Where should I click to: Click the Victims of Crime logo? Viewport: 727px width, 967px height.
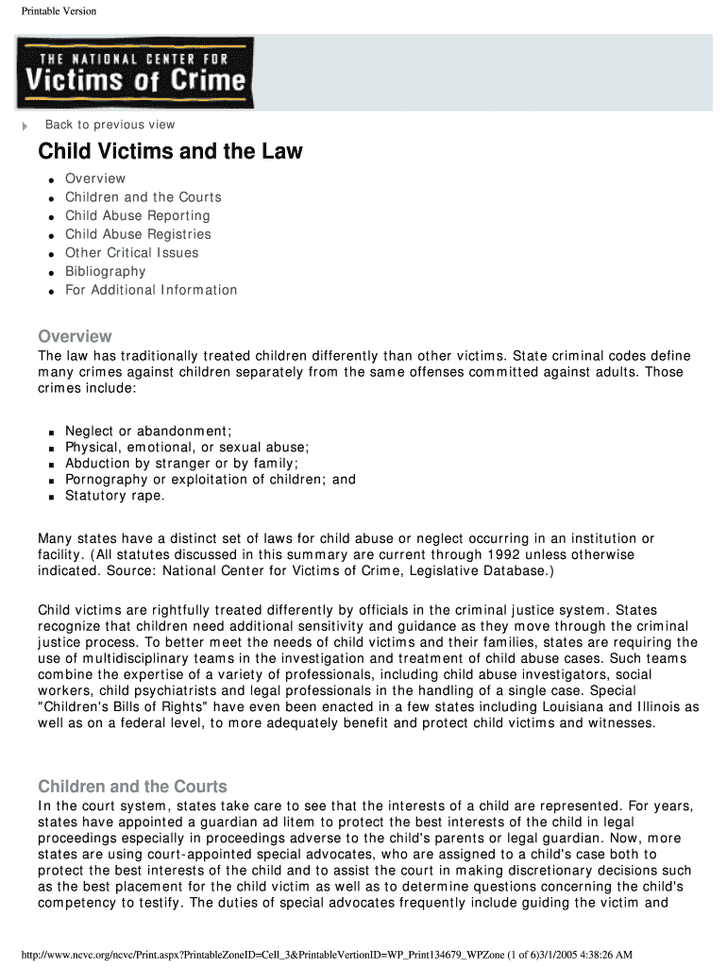(134, 73)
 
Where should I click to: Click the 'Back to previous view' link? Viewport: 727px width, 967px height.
(110, 125)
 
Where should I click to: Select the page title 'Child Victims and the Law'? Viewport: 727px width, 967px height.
(170, 152)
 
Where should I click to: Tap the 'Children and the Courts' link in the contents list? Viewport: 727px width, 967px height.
(143, 197)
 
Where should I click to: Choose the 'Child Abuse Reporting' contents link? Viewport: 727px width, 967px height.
(137, 215)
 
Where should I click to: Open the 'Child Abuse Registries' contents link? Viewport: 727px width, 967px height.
(138, 234)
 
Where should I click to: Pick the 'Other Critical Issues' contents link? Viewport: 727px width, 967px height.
(131, 252)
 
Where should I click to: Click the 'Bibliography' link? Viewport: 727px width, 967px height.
(105, 271)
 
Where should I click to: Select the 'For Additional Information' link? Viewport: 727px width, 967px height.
(151, 290)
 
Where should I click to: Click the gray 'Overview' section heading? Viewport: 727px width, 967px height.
(75, 336)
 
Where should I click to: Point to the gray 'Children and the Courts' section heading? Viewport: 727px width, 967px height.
(132, 787)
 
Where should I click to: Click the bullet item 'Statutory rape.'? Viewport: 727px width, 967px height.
(114, 496)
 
